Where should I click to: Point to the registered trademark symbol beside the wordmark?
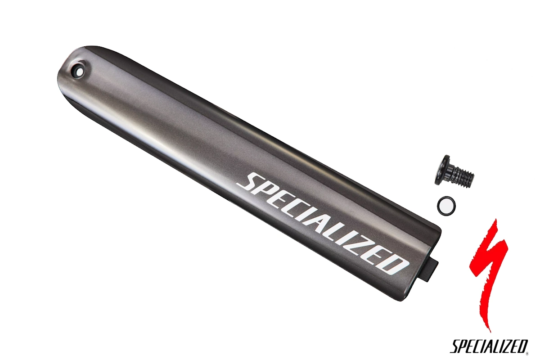527,354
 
